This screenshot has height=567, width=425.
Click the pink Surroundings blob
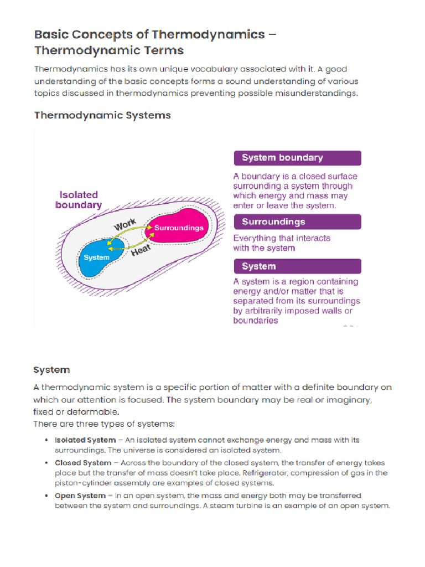coord(178,227)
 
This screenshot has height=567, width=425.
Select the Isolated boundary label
coord(79,199)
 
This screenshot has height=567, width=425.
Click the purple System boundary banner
coord(297,158)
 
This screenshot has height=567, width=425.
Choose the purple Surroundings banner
coord(297,222)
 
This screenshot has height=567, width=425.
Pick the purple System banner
coord(297,266)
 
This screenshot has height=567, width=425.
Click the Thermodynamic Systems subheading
coord(102,116)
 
